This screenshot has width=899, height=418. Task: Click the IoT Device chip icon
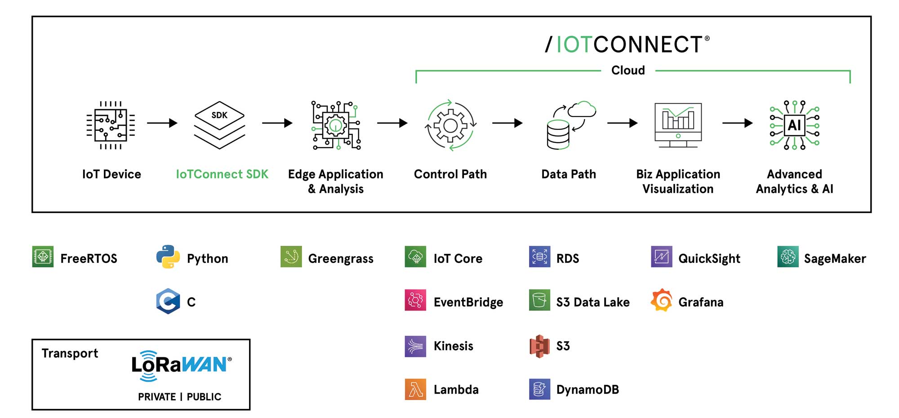pos(111,125)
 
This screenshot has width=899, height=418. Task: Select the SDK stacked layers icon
pos(219,125)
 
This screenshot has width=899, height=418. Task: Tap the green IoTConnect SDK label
pos(222,174)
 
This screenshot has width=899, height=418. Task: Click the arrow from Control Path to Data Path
pos(507,123)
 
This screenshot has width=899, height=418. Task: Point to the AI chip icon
pos(794,125)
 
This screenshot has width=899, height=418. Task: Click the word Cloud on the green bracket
pos(628,71)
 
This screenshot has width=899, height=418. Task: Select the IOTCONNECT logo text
pos(628,44)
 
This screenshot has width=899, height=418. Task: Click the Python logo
pos(168,257)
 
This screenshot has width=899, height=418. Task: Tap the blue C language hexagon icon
pos(168,301)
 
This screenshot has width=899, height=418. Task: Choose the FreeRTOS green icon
pos(43,257)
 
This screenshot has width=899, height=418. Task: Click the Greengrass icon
pos(291,257)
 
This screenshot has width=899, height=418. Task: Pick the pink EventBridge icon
pos(415,300)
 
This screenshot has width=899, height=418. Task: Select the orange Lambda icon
pos(415,389)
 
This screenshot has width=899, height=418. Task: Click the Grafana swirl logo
pos(662,300)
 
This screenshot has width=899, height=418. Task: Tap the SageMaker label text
pos(835,258)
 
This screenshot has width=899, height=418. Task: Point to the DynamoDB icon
pos(539,389)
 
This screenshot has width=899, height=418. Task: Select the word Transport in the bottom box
pos(70,353)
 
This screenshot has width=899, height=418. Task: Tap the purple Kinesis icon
pos(415,346)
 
